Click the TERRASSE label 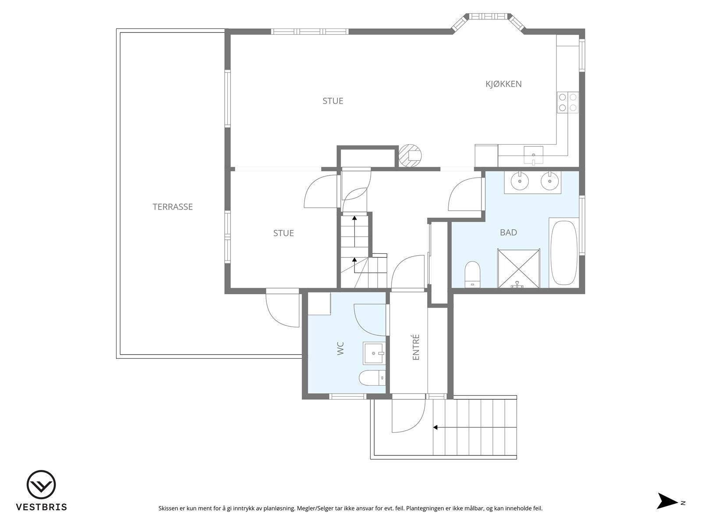coord(173,207)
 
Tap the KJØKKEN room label coord(503,84)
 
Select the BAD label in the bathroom coord(508,232)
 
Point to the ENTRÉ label coord(416,347)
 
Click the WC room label coord(341,348)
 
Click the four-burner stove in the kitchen coord(567,102)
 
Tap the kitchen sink coord(533,155)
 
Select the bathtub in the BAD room coord(564,252)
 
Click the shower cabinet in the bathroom coord(519,268)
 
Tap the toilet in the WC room coord(372,378)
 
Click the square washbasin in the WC coord(373,353)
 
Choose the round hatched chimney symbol coord(410,156)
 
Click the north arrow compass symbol coord(667,501)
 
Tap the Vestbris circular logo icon coord(41,484)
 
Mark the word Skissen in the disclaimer coord(168,508)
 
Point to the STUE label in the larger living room coord(333,101)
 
